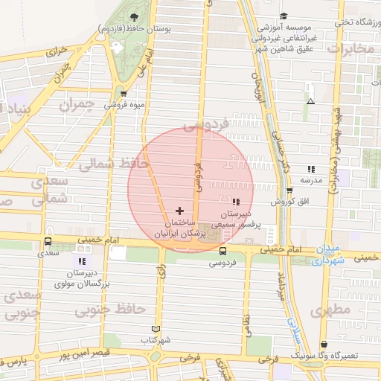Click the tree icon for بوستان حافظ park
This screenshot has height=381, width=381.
(x=134, y=17)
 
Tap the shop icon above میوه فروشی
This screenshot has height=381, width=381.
(x=124, y=94)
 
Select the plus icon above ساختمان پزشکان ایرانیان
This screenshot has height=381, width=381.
(x=179, y=211)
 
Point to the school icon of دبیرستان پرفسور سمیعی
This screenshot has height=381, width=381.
(x=236, y=202)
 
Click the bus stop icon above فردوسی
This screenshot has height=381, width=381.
(x=222, y=252)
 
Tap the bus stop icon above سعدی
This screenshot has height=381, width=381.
(x=48, y=242)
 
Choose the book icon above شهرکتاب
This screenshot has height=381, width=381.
(x=156, y=329)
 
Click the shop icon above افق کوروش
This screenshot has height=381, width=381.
(x=289, y=190)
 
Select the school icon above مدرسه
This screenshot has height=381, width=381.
(x=311, y=169)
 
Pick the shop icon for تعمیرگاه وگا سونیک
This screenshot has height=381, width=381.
(x=324, y=345)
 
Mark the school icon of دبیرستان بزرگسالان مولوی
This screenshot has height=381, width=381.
(x=81, y=261)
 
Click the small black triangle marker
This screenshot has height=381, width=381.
(x=310, y=100)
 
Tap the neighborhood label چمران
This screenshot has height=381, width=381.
(x=96, y=103)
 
